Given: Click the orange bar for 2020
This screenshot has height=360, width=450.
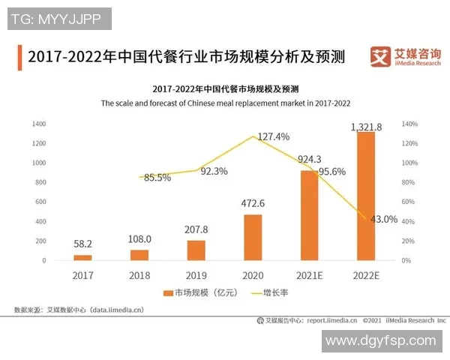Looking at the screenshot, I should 253,237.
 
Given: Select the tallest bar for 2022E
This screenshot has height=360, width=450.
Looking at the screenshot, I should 366,195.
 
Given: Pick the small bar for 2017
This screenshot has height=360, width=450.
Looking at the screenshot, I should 82,257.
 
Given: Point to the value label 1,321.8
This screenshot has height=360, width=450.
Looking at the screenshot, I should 366,127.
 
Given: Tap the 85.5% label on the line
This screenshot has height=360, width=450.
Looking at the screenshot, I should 157,178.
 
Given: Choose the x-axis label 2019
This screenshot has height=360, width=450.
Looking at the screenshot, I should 196,275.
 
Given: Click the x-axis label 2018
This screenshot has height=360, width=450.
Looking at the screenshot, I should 139,275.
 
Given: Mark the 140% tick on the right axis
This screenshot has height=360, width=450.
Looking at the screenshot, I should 409,124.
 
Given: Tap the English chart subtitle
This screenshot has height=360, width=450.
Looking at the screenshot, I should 226,103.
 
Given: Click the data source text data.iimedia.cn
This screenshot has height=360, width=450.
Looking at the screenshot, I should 79,309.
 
